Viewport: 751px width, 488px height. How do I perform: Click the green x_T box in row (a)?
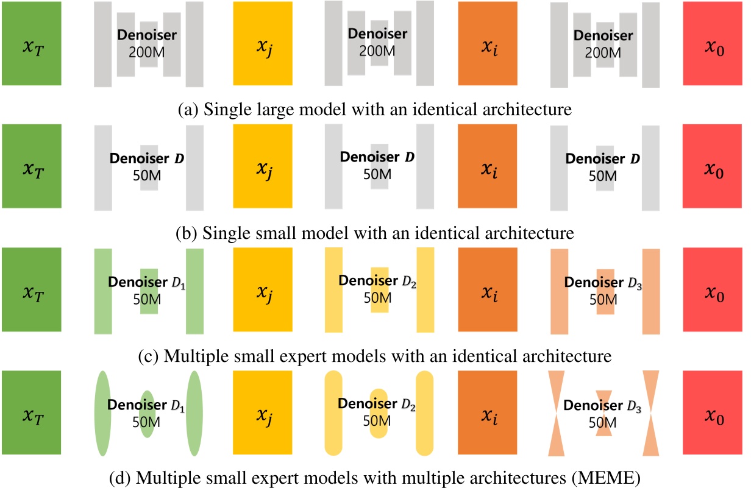(x=30, y=43)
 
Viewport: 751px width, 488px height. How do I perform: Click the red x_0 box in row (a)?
(x=713, y=43)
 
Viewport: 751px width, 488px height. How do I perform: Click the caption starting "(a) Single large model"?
(x=374, y=110)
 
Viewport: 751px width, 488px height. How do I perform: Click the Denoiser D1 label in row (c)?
(x=146, y=284)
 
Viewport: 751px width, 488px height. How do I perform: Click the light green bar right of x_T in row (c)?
(x=103, y=291)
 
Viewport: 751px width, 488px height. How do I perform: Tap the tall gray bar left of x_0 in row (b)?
(x=651, y=168)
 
